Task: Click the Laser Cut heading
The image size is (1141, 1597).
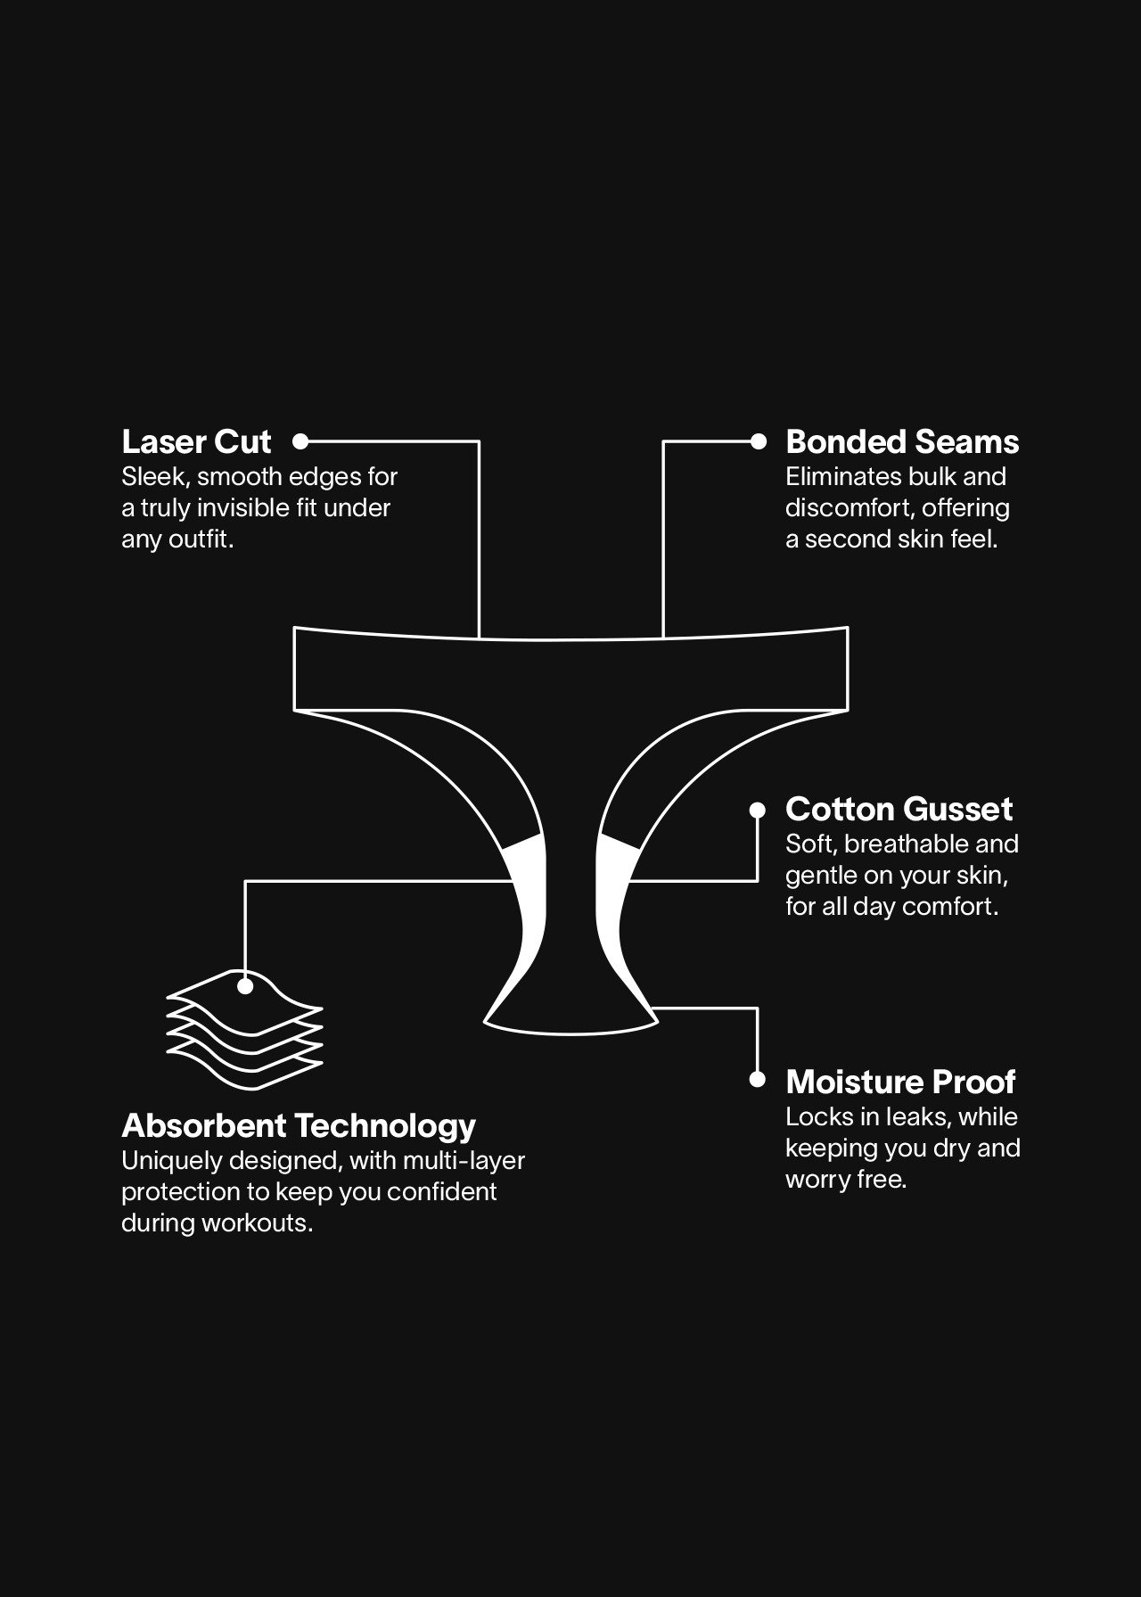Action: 196,441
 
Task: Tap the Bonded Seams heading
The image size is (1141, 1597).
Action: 902,441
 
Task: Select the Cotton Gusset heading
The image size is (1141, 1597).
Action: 899,809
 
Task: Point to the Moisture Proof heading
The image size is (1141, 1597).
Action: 900,1082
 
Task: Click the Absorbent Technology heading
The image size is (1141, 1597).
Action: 299,1125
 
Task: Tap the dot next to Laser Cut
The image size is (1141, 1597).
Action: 300,440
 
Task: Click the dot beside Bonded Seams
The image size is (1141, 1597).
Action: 759,440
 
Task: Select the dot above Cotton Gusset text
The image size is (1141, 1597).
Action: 758,810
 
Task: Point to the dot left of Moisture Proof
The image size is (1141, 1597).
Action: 758,1080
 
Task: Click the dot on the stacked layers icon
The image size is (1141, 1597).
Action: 245,986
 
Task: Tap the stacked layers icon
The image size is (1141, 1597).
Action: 245,1031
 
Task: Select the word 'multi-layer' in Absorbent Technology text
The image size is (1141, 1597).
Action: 464,1161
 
